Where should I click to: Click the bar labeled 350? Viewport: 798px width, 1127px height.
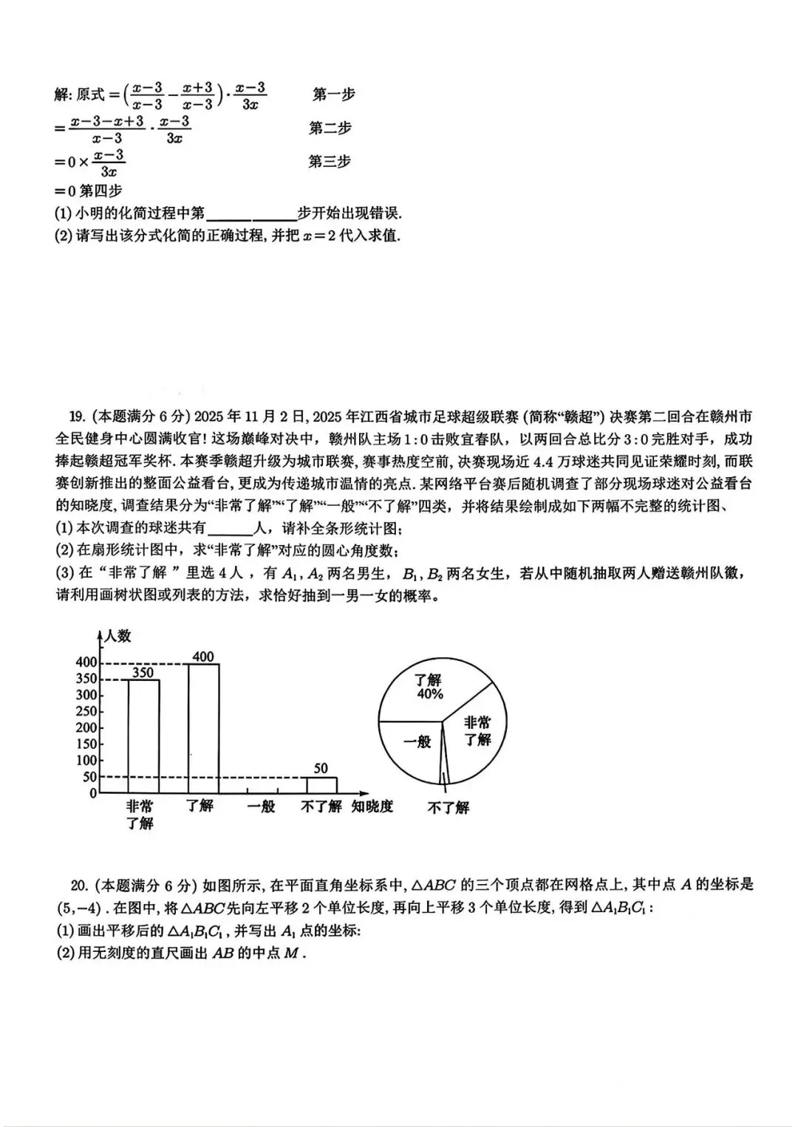(143, 735)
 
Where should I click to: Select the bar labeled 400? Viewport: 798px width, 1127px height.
(203, 727)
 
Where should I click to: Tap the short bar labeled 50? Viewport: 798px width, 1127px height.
(321, 785)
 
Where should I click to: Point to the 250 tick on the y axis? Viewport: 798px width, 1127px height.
(87, 711)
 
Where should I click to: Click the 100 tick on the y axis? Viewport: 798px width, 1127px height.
(87, 761)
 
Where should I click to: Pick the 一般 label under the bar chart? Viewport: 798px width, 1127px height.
(261, 806)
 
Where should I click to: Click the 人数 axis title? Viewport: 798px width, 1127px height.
(117, 635)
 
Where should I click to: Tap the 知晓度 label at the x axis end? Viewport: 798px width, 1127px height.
(372, 806)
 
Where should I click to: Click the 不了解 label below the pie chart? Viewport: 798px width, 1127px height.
(448, 807)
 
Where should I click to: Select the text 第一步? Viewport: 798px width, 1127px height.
(333, 94)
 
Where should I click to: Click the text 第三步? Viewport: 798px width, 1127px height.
(330, 161)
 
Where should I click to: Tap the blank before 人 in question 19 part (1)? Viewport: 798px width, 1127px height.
(231, 529)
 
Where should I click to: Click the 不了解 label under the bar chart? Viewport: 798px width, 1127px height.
(321, 806)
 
